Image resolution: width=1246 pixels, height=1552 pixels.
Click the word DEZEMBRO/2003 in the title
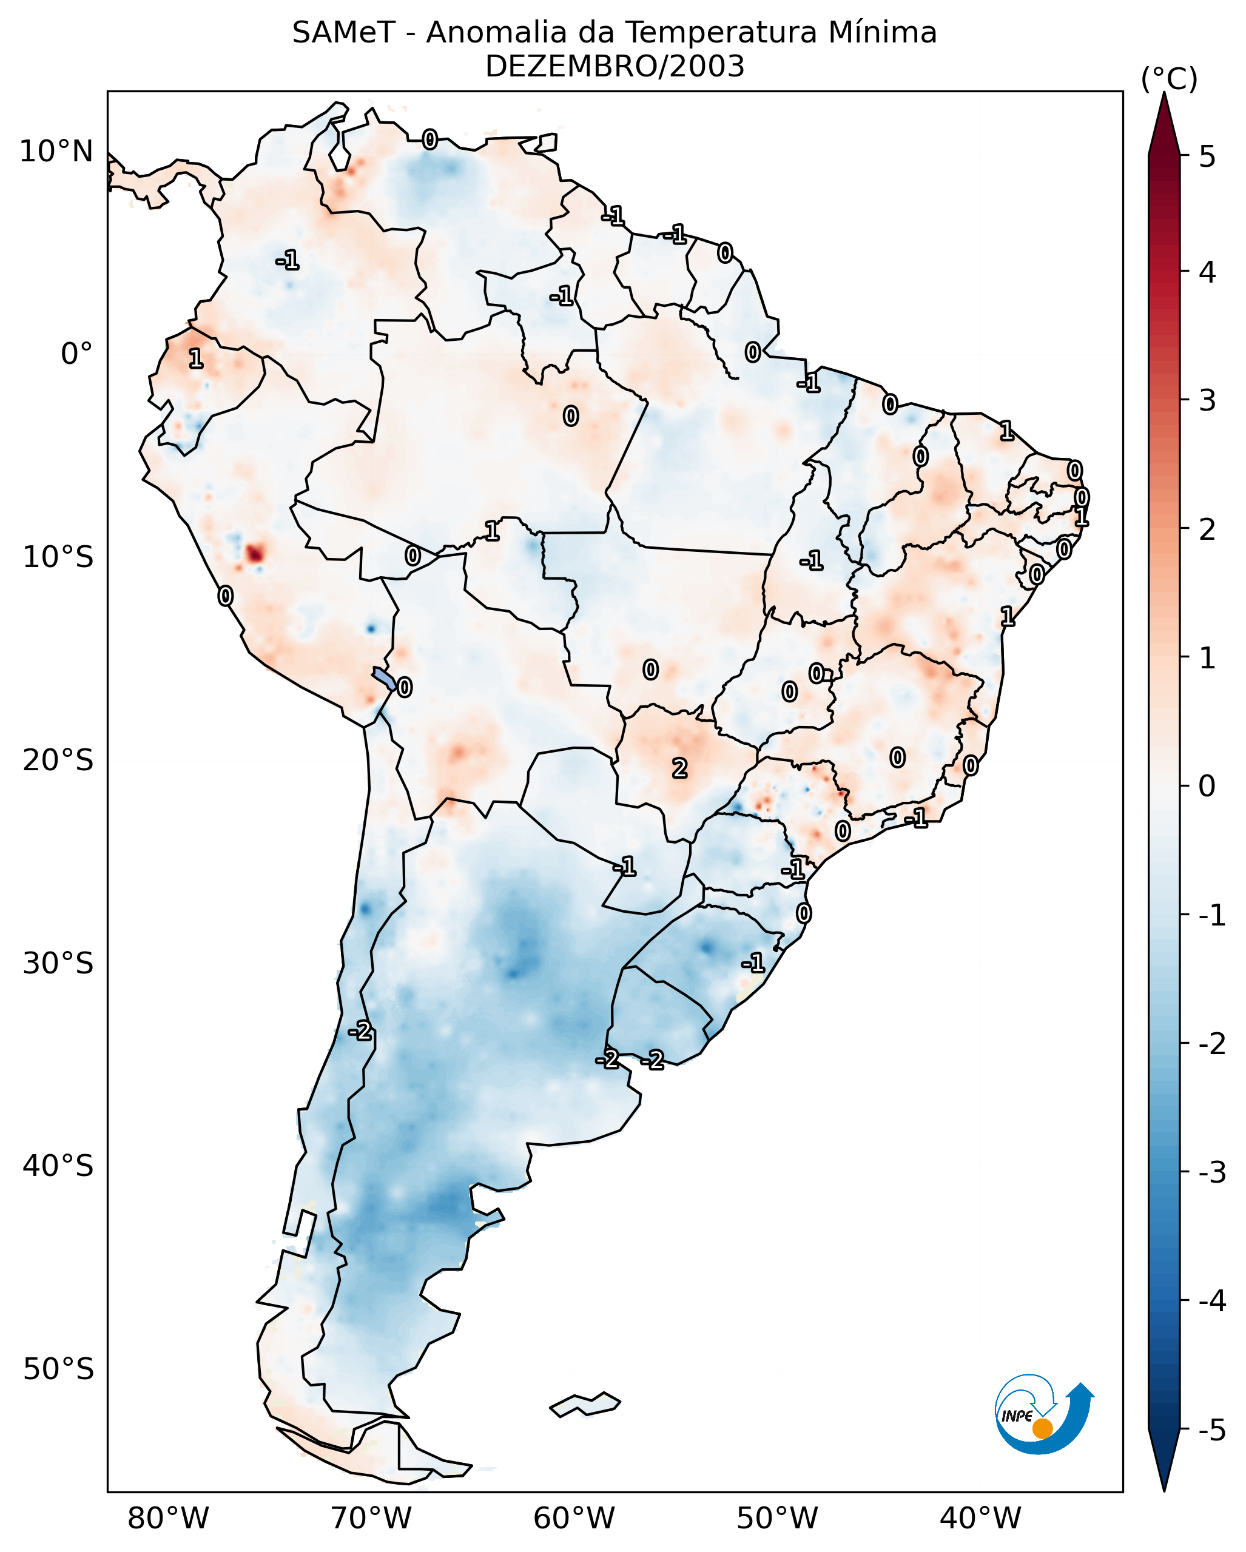(x=614, y=67)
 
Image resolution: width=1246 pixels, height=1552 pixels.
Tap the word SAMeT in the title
(x=343, y=33)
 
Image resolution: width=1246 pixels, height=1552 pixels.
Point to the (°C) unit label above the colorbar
(x=1168, y=79)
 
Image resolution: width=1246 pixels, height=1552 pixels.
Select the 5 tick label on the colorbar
(x=1207, y=156)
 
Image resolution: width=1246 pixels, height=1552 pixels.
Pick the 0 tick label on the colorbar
(x=1207, y=785)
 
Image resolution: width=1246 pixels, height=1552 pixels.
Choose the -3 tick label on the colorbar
(x=1211, y=1172)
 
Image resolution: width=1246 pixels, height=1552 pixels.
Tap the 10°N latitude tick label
(x=56, y=152)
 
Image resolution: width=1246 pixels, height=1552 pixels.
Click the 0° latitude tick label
(x=76, y=354)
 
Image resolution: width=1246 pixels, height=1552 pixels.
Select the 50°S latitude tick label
(x=58, y=1369)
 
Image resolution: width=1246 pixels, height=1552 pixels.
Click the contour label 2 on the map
(x=679, y=769)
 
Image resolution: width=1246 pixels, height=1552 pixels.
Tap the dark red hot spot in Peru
(x=255, y=554)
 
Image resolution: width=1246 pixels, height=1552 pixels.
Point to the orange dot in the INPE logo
(x=1042, y=1428)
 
